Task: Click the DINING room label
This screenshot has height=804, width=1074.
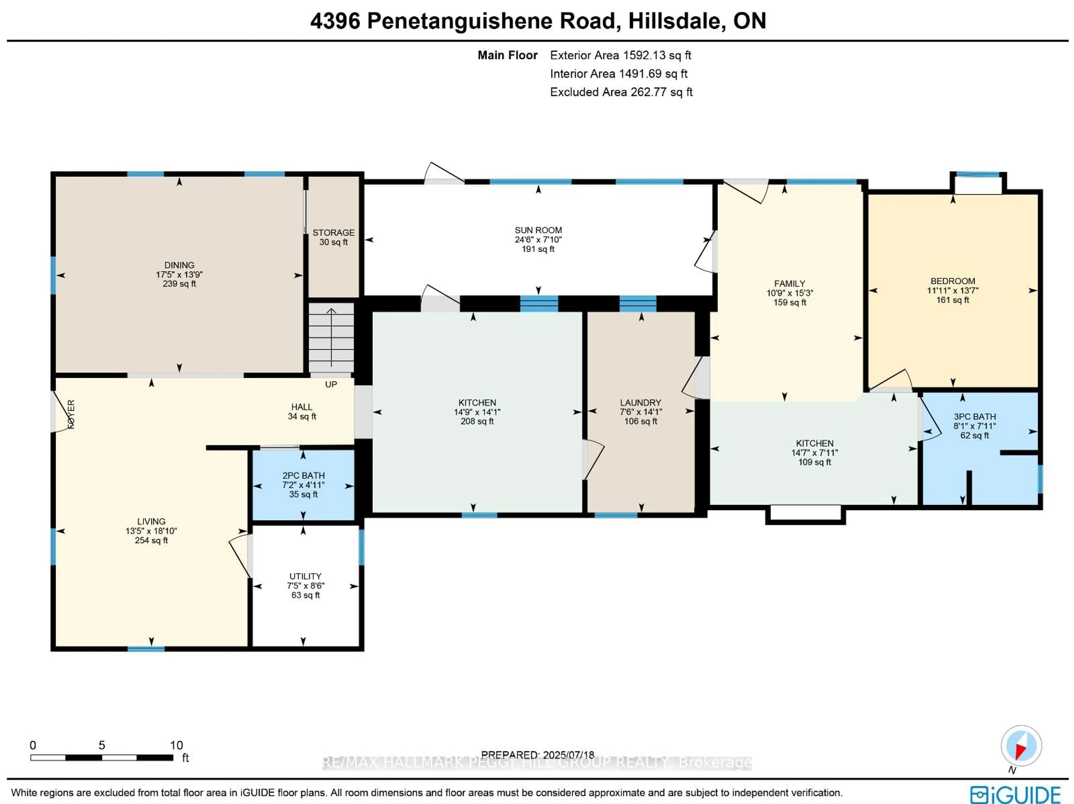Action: pos(179,265)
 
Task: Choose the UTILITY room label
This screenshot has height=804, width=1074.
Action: pos(305,576)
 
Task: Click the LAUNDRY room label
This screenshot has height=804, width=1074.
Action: pos(640,402)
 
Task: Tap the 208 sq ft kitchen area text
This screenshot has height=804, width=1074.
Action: pos(477,421)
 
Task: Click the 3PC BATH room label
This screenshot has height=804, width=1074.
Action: pos(974,417)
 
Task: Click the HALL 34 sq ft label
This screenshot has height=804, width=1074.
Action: pos(302,411)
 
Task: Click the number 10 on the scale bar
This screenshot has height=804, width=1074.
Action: pos(176,745)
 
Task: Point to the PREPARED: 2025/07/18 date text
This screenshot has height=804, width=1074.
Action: pos(538,755)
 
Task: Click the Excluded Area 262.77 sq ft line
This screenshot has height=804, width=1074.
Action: pos(621,92)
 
